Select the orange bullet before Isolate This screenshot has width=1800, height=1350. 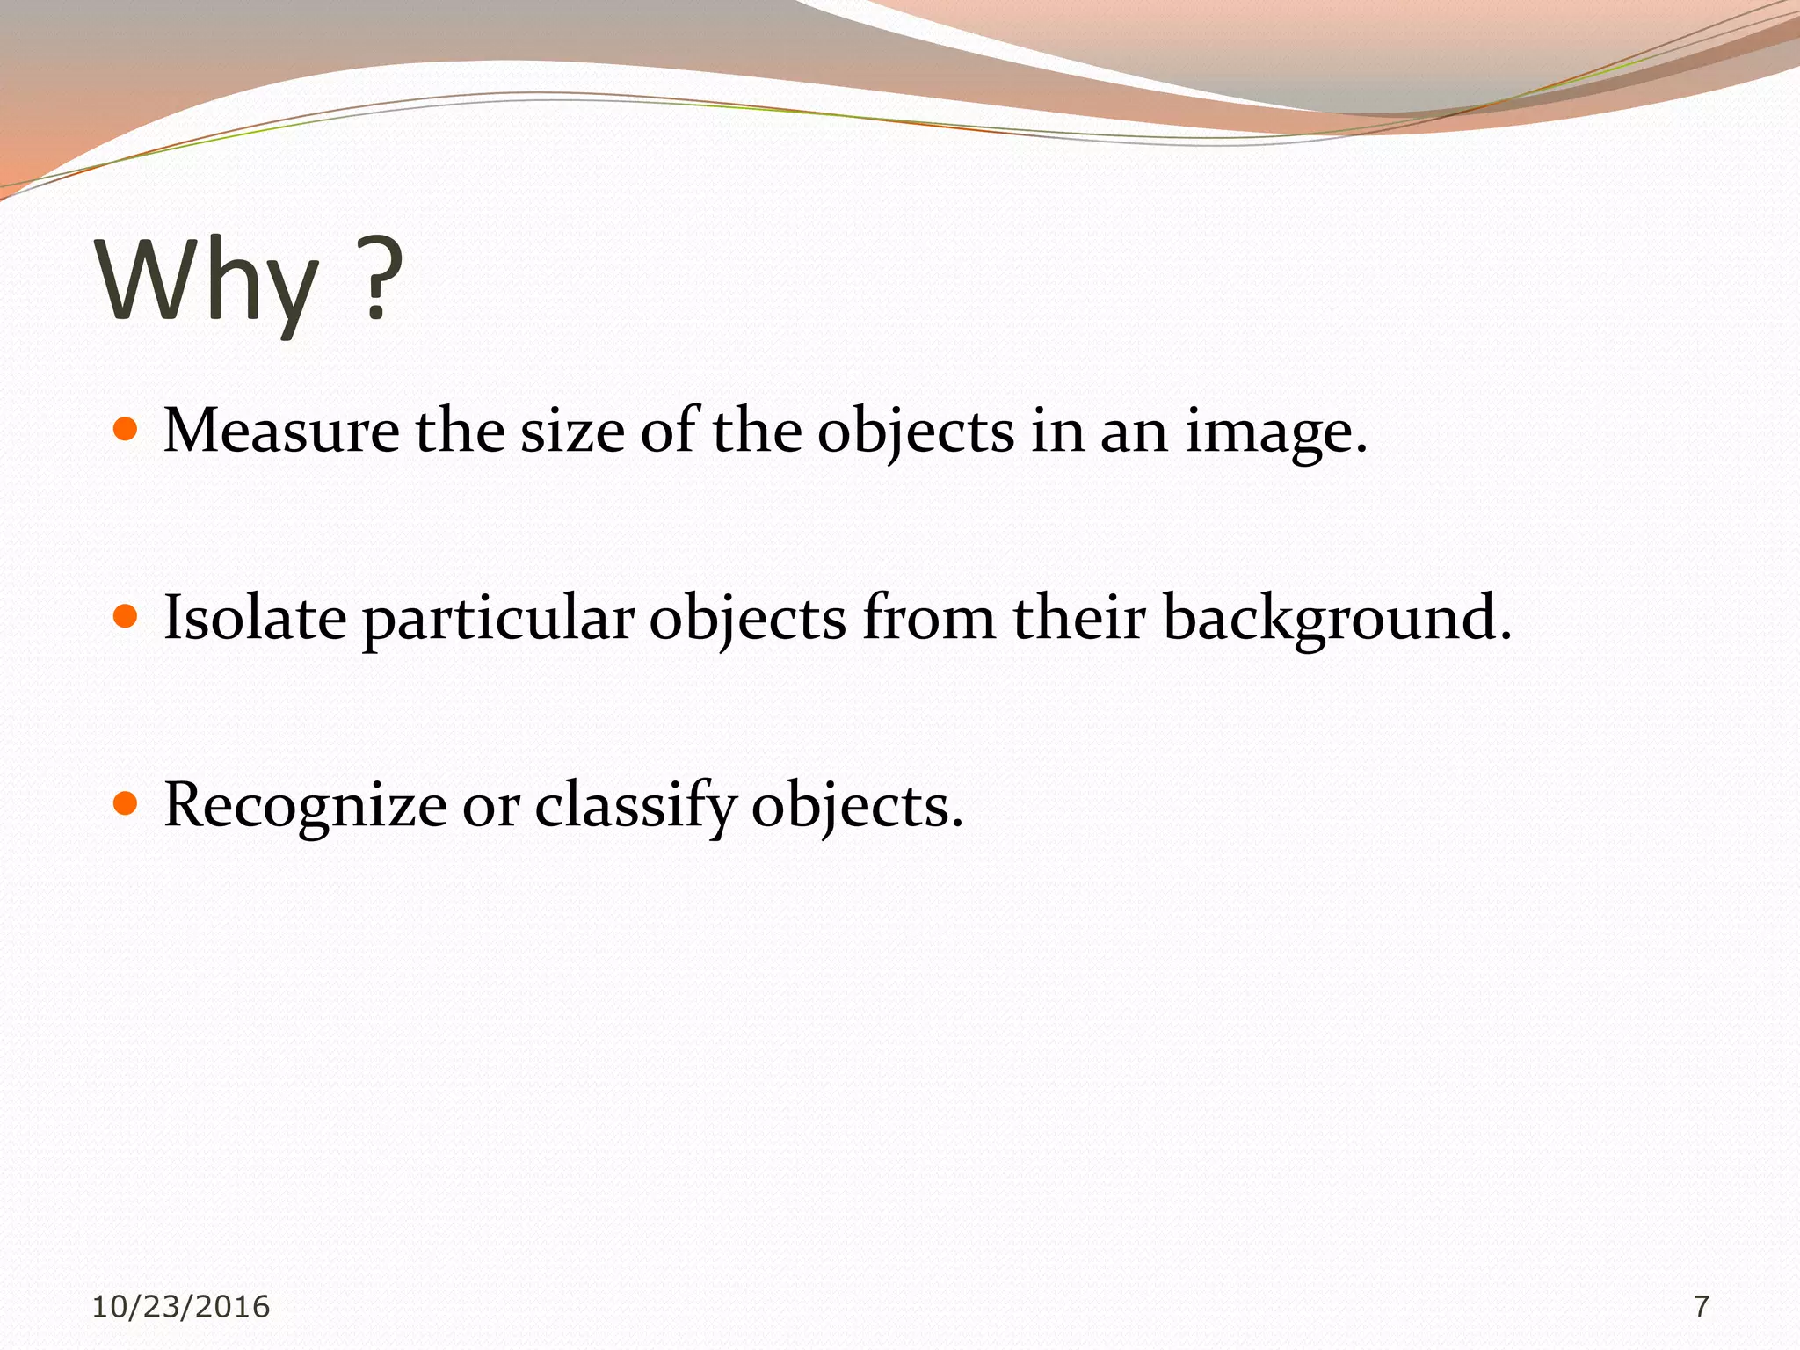(127, 616)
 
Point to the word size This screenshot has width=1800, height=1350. (572, 432)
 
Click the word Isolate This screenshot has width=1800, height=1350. (255, 618)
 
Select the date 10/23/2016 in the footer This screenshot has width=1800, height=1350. (181, 1307)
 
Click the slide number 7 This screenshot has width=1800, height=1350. (1702, 1307)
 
